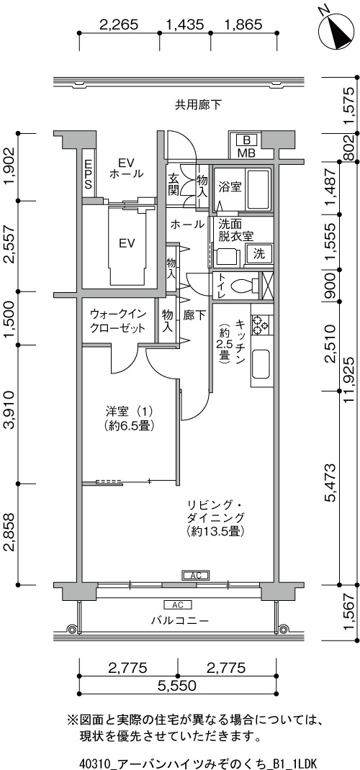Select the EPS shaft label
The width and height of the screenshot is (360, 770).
point(89,174)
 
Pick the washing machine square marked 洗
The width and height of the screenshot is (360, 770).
point(258,254)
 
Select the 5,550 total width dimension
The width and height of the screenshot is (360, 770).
point(178,684)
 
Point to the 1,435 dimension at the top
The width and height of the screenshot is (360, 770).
point(185,24)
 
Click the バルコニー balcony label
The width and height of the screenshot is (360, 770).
point(179,621)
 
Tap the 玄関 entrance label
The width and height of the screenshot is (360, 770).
point(174,184)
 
